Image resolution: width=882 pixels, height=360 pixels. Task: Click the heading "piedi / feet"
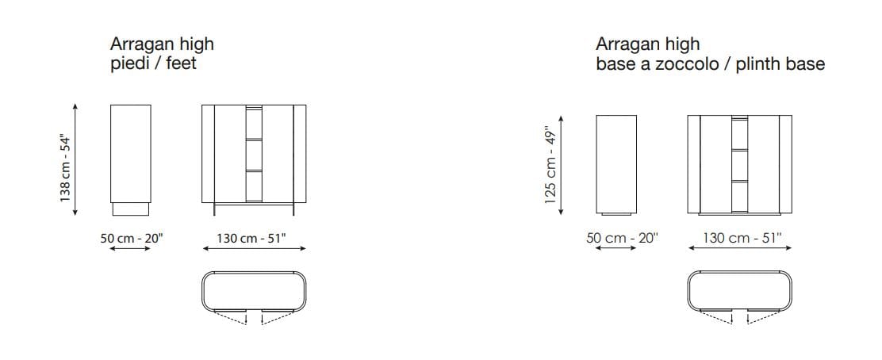point(153,63)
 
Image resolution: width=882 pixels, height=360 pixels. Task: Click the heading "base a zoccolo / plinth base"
point(710,63)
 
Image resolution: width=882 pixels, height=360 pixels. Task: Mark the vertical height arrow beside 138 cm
point(75,159)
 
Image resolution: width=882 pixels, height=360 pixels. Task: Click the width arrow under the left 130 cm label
point(254,248)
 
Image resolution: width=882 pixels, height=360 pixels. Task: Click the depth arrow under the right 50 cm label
point(615,248)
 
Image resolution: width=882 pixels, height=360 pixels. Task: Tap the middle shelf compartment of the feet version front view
point(254,155)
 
